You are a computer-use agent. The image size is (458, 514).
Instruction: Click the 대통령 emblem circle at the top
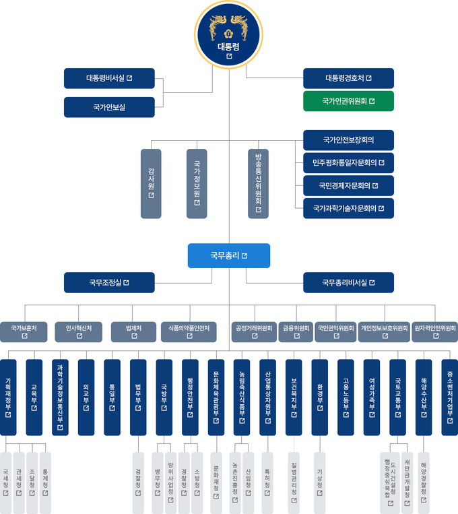point(229,34)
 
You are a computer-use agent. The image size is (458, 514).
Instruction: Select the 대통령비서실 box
point(109,78)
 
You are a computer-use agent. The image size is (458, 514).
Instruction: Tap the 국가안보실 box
point(109,107)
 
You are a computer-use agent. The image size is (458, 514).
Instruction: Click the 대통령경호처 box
point(348,78)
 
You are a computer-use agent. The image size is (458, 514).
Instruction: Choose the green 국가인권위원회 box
point(348,102)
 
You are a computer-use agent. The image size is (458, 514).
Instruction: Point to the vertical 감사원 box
point(151,183)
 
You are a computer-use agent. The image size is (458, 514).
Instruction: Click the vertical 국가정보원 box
point(197,183)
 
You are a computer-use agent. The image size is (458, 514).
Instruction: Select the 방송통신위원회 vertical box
point(258,183)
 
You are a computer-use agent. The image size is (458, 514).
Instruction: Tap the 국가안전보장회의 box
point(348,140)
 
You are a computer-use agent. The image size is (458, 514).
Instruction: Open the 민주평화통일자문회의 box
point(348,162)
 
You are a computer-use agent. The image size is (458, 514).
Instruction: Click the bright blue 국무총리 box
point(229,256)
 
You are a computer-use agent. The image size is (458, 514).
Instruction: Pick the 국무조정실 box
point(109,283)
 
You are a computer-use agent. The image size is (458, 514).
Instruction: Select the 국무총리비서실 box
point(348,283)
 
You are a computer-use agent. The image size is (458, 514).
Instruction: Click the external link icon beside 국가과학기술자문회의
point(381,209)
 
